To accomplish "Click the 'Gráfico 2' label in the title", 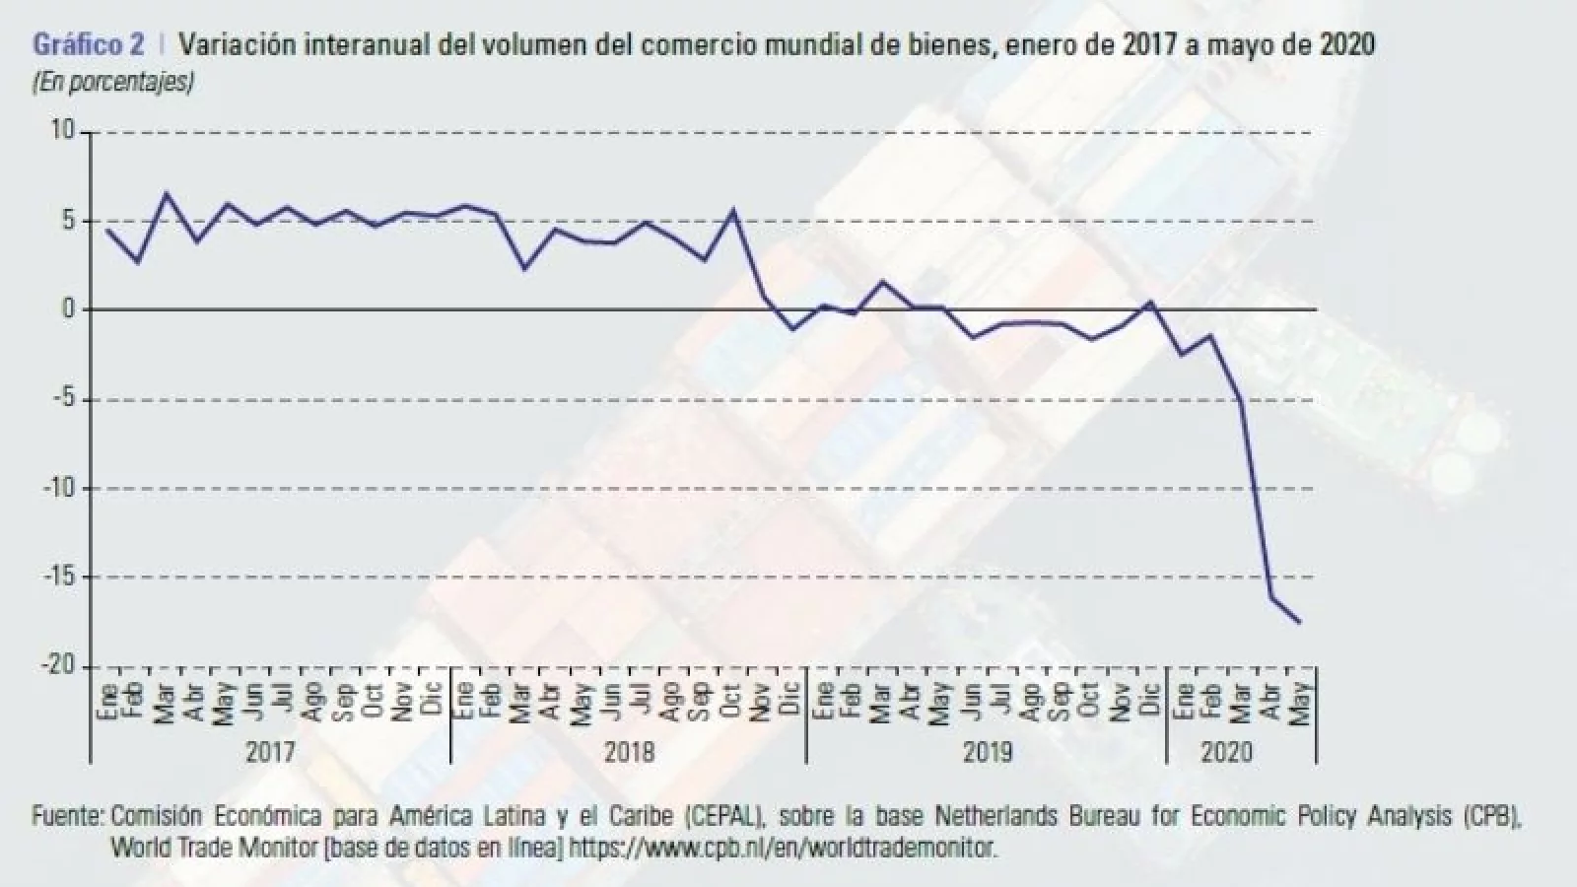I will point(88,44).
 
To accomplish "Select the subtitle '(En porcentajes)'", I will point(112,82).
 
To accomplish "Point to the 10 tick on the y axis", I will point(62,131).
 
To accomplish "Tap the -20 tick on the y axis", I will point(57,665).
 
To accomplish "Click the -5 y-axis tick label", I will point(61,399).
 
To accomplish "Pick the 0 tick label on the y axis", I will point(68,309).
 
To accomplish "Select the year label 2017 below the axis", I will point(270,752).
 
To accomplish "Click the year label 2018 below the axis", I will point(629,752).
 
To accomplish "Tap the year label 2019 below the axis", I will point(987,752).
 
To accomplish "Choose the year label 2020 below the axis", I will point(1226,752).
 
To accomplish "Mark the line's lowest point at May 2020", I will point(1300,622).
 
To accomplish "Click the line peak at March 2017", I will point(166,194).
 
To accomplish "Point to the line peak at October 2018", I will point(732,210).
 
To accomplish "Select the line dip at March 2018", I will point(524,268).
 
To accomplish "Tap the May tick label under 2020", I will point(1301,702).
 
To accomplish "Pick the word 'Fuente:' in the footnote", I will point(68,817).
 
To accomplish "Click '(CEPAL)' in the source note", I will point(722,817).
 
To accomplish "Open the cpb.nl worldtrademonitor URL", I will point(783,847).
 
